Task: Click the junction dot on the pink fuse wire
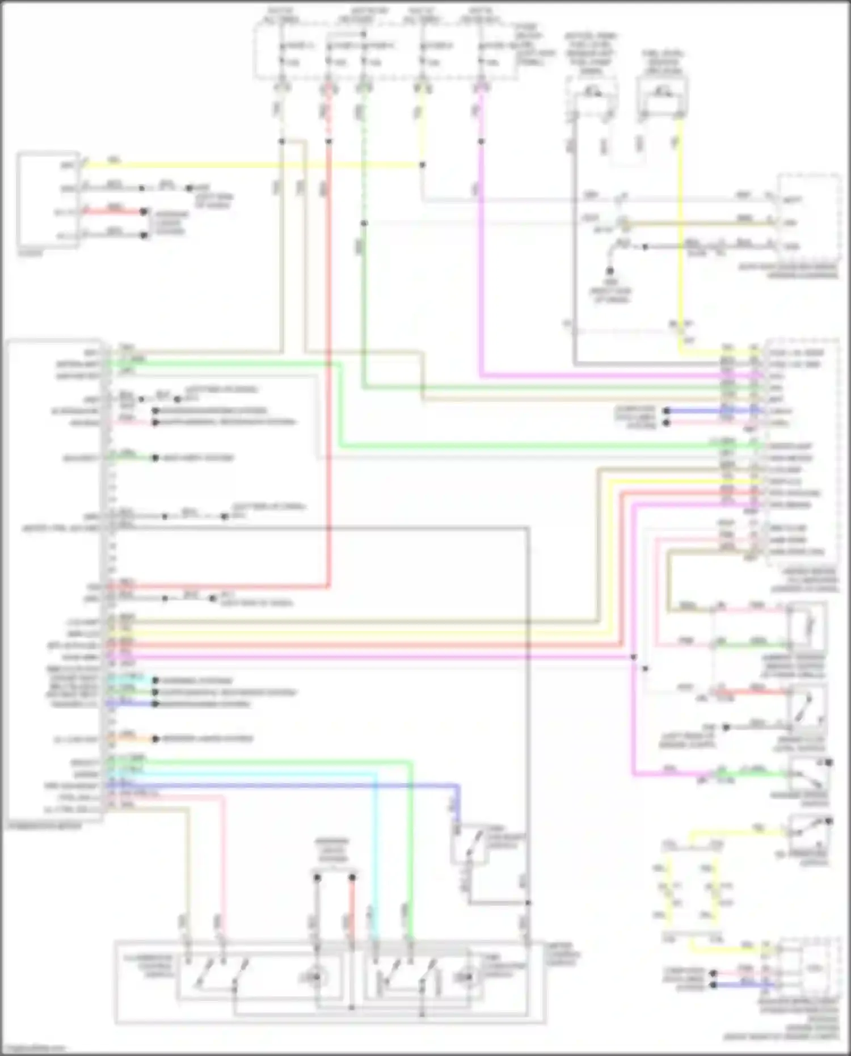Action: (x=481, y=141)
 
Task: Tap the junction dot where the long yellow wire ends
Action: (x=422, y=165)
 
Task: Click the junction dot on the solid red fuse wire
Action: (x=328, y=141)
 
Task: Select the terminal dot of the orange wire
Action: (x=155, y=739)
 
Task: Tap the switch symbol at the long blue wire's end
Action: (x=471, y=844)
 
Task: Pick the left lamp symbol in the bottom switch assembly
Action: (x=315, y=977)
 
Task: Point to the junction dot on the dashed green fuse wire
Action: (x=364, y=223)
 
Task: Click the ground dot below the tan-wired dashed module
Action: (x=610, y=271)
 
